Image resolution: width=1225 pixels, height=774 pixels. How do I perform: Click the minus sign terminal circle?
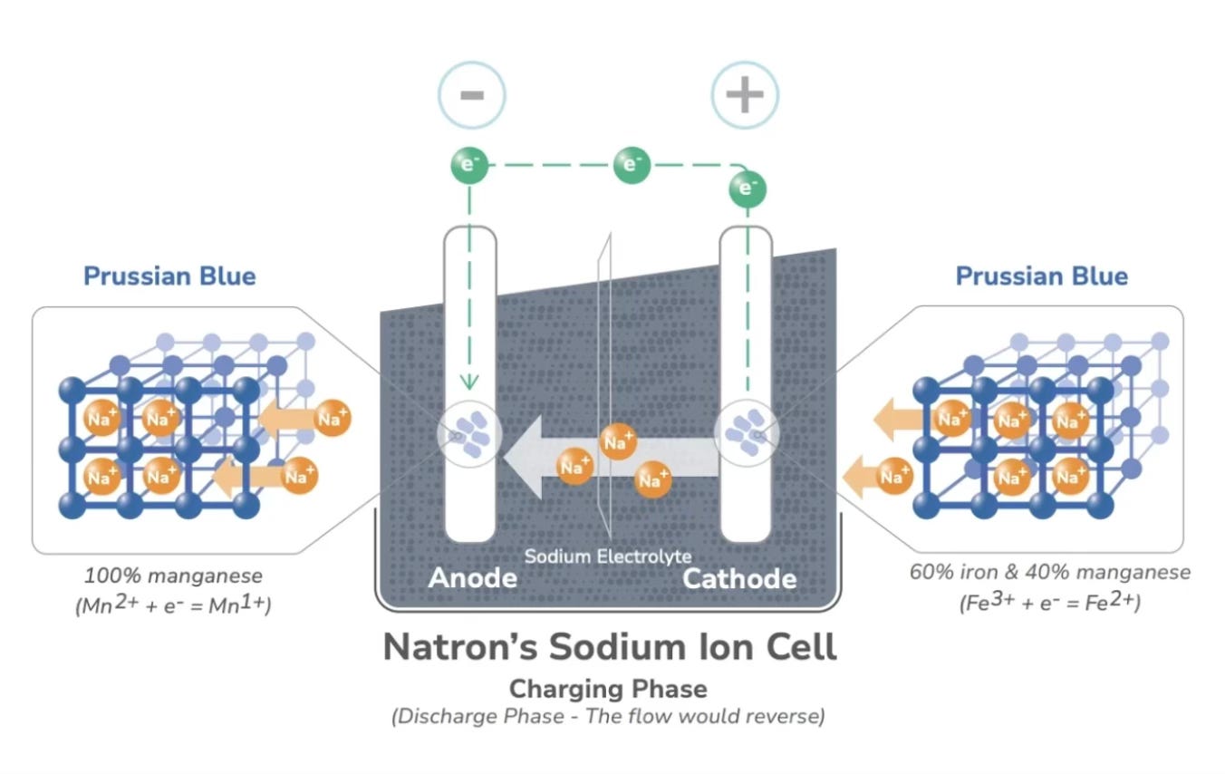pos(471,94)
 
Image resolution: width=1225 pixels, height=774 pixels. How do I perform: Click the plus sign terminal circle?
pos(745,94)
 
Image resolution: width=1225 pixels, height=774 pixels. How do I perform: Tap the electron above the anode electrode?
pos(469,165)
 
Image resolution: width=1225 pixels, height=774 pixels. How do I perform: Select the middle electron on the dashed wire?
pos(632,165)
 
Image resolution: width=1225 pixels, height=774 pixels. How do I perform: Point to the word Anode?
pos(472,578)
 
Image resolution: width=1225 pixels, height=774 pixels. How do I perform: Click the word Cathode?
pos(739,578)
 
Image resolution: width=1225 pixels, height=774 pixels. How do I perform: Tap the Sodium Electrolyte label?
pos(607,556)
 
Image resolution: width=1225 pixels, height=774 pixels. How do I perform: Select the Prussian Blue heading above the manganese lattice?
pos(169,276)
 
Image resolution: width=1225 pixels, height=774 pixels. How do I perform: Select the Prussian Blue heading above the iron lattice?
pos(1041,276)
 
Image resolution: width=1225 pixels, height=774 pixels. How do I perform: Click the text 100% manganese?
pos(173,575)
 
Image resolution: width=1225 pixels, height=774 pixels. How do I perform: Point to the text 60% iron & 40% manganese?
pos(1049,573)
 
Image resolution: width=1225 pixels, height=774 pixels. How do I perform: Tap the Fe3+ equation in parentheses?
pos(1049,602)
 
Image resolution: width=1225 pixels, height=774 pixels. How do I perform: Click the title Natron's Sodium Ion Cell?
pos(609,647)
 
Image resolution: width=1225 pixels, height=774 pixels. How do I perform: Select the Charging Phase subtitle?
pos(608,689)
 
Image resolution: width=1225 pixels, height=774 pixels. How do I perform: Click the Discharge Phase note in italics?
pos(608,717)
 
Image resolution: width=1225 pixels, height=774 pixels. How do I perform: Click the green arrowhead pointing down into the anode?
pos(469,382)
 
